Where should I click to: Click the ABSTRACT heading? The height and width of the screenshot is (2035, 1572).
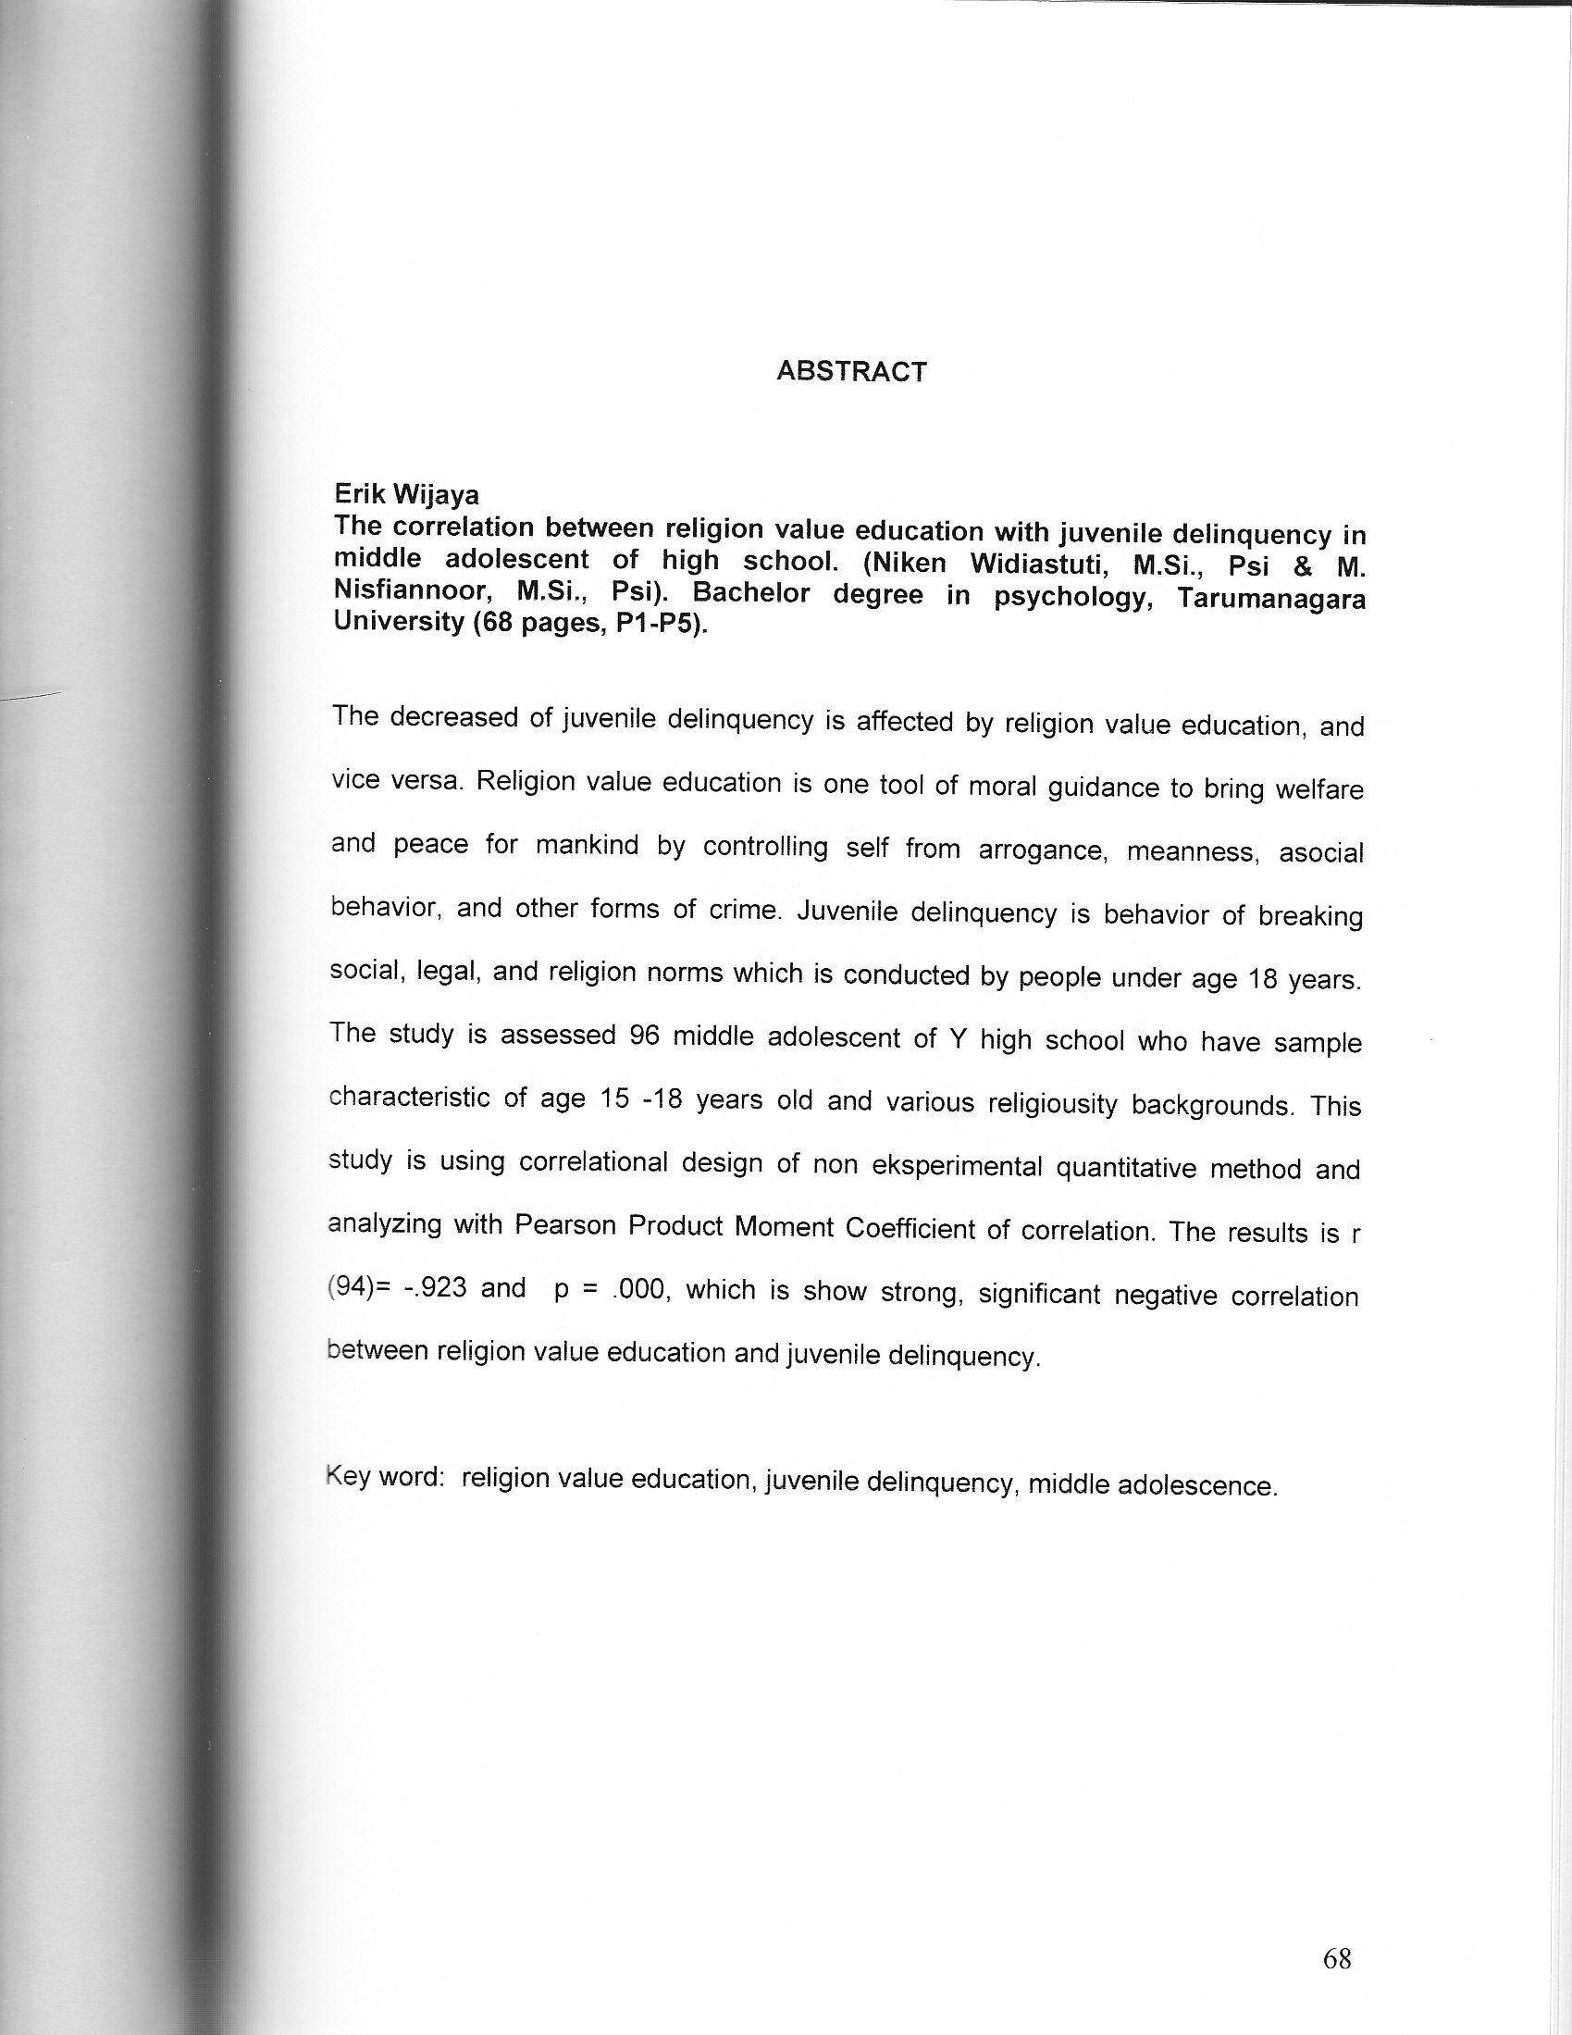point(850,372)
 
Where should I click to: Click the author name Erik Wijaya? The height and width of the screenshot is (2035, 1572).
point(406,494)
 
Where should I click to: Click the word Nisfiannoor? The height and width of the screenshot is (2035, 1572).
point(412,590)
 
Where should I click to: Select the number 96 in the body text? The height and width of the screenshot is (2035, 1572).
point(644,1037)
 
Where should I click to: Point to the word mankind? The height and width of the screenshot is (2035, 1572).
point(587,845)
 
